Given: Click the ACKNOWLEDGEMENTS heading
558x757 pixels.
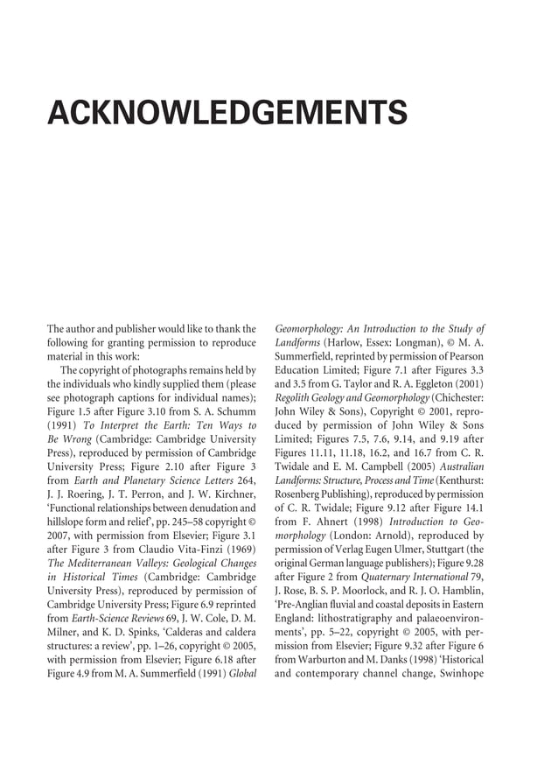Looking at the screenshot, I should [227, 113].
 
